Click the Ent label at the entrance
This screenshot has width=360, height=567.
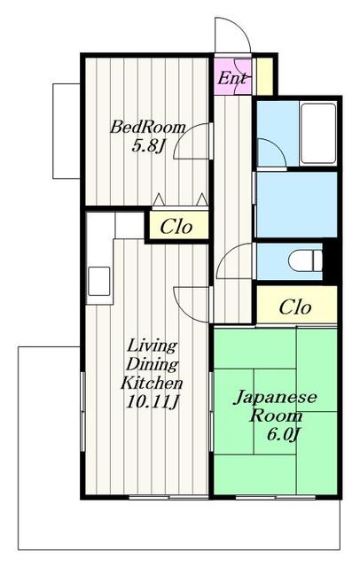(231, 78)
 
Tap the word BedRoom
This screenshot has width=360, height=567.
(147, 127)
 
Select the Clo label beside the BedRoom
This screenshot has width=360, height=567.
(177, 226)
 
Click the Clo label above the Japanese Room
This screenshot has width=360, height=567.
(295, 307)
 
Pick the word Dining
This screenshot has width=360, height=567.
(152, 364)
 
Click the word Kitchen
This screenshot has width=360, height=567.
(152, 384)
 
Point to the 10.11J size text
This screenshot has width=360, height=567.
(152, 403)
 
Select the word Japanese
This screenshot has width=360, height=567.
(275, 397)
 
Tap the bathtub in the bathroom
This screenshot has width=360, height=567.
(317, 133)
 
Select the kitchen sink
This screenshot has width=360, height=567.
(98, 281)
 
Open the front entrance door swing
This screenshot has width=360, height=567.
(232, 35)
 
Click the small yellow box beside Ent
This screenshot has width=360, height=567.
(263, 76)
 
